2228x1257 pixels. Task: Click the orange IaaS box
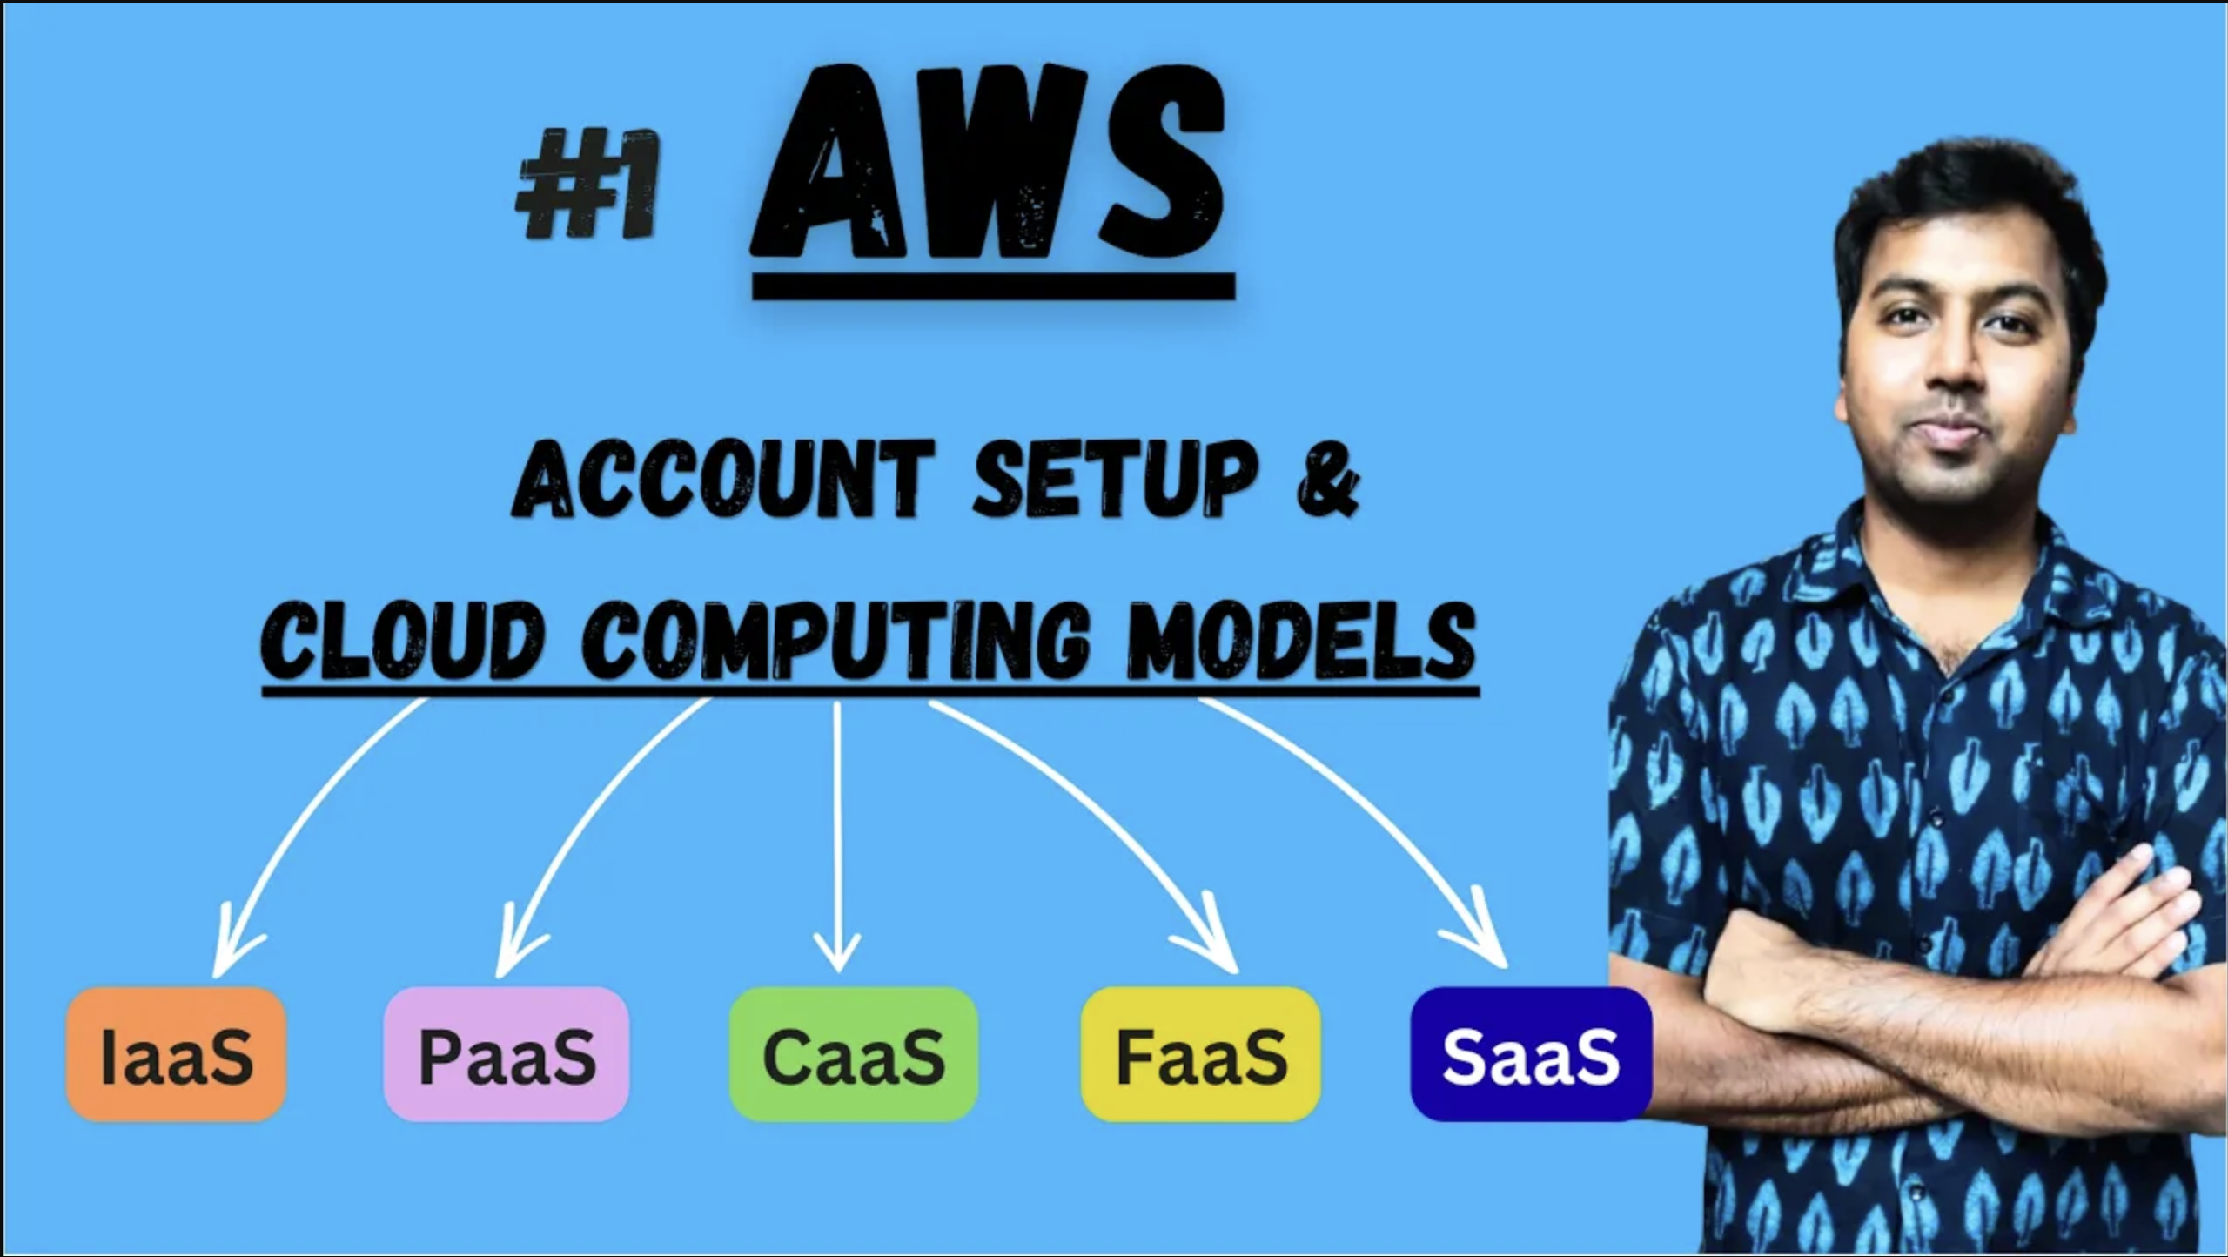(x=177, y=1054)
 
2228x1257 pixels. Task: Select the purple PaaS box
(x=507, y=1054)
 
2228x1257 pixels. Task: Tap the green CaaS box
(x=854, y=1054)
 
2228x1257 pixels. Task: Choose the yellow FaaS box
(x=1201, y=1054)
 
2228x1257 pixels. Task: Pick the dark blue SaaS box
(x=1531, y=1054)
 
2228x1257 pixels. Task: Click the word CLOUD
(x=403, y=642)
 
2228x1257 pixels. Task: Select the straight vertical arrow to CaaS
(x=836, y=836)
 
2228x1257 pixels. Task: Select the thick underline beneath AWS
(x=993, y=287)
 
